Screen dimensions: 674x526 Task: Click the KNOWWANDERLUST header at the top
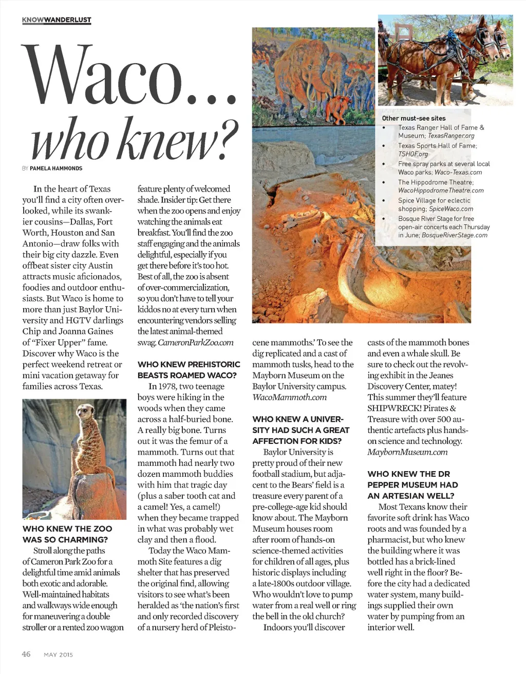click(x=57, y=20)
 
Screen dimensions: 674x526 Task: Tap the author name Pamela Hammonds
click(x=56, y=168)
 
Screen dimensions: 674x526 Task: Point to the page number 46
click(x=26, y=654)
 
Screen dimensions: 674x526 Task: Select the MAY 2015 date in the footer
click(x=59, y=654)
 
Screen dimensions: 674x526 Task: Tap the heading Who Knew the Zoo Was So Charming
click(x=67, y=534)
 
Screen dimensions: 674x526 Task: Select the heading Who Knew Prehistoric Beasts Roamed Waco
click(x=189, y=370)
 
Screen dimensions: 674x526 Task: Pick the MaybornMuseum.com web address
click(x=407, y=452)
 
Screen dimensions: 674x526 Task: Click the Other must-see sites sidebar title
click(x=414, y=118)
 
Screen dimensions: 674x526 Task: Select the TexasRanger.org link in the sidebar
click(x=451, y=136)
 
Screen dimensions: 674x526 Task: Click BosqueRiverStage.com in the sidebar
click(x=455, y=235)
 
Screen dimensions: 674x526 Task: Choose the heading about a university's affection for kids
click(x=300, y=430)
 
